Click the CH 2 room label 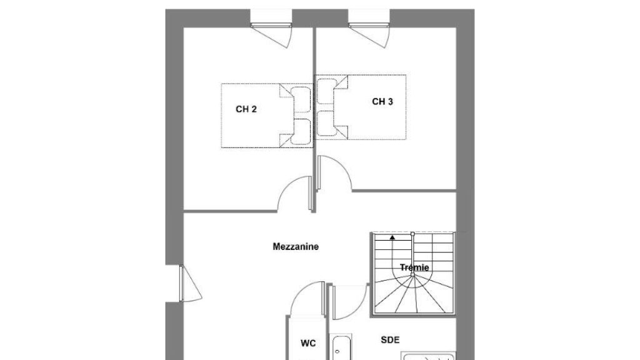pos(246,109)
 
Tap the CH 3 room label pos(382,102)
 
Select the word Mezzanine pos(296,246)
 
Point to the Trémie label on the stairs pos(414,267)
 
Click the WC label pos(308,343)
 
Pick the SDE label pos(390,339)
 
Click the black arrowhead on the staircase pos(392,236)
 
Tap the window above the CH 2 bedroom pos(271,25)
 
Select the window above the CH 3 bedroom pos(369,25)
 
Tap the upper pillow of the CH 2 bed pos(302,99)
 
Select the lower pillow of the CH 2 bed pos(302,131)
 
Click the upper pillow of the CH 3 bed pos(326,91)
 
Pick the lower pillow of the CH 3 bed pos(326,123)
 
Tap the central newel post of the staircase pos(412,275)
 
